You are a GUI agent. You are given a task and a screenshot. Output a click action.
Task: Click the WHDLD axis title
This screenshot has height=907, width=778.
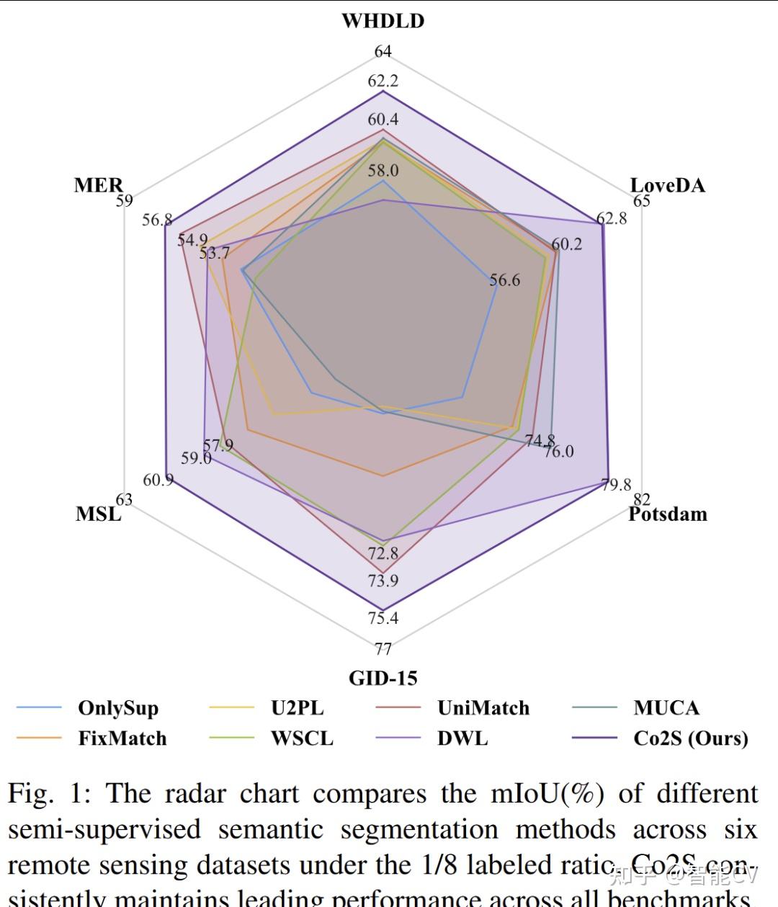(383, 21)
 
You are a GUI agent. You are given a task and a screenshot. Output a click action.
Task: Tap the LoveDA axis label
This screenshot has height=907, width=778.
(667, 185)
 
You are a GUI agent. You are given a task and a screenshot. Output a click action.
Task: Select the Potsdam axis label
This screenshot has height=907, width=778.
(667, 514)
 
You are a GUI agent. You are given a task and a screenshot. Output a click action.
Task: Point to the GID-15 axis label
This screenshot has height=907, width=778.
(383, 678)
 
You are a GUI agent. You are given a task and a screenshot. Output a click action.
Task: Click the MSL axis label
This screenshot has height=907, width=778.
(99, 514)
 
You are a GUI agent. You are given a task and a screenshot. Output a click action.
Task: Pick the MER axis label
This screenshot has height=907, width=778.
(99, 185)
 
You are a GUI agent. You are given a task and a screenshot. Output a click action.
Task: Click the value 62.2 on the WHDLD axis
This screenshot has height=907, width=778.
(383, 81)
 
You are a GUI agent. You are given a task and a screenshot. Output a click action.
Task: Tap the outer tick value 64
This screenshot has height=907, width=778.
(383, 51)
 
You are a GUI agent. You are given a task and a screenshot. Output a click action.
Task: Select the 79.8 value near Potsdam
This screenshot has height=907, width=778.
(616, 485)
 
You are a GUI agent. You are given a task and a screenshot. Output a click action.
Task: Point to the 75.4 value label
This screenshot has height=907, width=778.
(383, 617)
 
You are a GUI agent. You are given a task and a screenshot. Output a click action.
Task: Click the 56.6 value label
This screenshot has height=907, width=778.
(504, 280)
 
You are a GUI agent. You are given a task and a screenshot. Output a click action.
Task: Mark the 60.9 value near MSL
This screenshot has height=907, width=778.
(158, 480)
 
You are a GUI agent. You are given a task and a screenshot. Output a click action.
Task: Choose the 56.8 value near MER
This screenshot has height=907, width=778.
(156, 220)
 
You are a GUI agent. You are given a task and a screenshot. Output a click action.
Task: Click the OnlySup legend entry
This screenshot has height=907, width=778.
(117, 708)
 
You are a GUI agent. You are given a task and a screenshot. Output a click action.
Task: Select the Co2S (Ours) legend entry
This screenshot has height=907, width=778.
(690, 738)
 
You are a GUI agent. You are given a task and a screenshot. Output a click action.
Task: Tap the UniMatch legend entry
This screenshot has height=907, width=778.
(483, 708)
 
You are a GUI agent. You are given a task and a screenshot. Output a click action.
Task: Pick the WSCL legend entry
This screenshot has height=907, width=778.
(302, 738)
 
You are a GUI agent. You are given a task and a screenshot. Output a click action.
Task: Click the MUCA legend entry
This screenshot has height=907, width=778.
(666, 708)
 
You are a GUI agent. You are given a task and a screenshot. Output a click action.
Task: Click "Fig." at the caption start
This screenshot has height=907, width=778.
(31, 794)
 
